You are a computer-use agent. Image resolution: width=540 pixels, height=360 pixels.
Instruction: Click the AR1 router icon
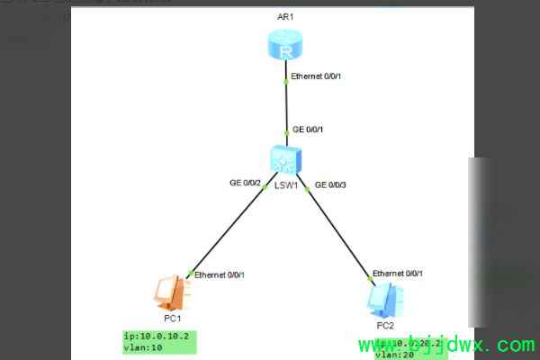click(x=286, y=45)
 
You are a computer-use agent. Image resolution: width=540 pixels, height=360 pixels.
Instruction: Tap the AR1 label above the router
click(x=286, y=17)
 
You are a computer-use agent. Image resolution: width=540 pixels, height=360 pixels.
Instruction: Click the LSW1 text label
click(x=286, y=184)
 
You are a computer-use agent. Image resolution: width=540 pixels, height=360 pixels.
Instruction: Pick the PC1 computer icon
click(x=169, y=292)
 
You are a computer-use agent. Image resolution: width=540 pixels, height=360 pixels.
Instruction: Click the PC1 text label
click(x=174, y=318)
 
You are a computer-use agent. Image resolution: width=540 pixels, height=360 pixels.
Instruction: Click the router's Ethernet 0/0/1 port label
click(x=317, y=76)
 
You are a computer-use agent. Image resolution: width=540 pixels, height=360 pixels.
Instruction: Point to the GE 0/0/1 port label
click(x=309, y=130)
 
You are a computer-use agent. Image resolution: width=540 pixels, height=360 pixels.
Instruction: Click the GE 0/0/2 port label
click(x=245, y=183)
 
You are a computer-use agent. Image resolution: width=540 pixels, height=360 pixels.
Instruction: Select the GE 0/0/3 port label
click(x=329, y=184)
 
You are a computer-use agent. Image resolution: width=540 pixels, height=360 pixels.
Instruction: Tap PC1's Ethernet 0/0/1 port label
click(x=219, y=274)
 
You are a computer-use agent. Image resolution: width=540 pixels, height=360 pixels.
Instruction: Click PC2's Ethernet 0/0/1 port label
click(x=397, y=273)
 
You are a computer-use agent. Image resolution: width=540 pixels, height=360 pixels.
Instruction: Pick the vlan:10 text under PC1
click(x=143, y=347)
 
